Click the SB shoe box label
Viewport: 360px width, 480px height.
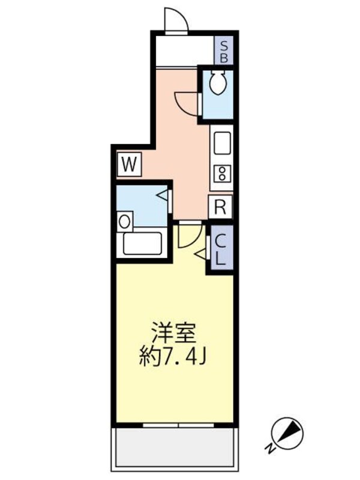(x=223, y=50)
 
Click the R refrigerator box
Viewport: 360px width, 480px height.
(x=220, y=208)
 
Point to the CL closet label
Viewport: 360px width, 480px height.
(x=220, y=251)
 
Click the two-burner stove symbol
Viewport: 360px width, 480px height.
(x=221, y=174)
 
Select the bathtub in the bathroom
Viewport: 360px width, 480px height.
(x=143, y=244)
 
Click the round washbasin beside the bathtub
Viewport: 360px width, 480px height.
(x=124, y=221)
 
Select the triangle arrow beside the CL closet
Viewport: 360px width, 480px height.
(x=200, y=256)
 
